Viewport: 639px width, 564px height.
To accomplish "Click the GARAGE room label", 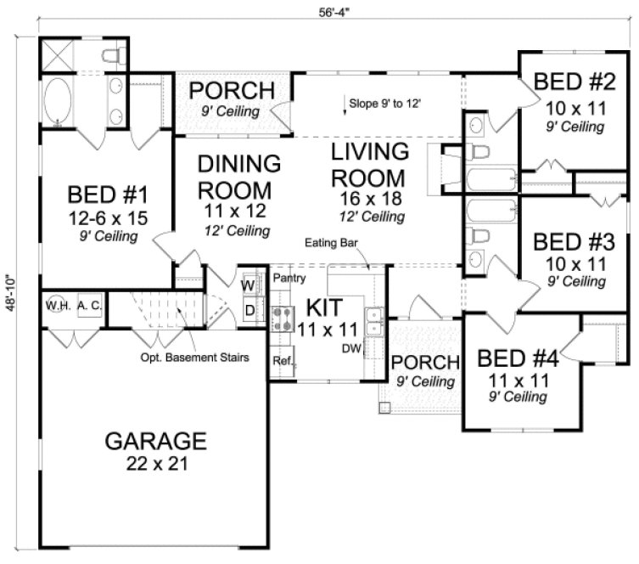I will (x=155, y=442).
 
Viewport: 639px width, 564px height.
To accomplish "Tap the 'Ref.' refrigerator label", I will (x=282, y=361).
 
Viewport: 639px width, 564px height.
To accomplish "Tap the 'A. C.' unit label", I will (x=88, y=304).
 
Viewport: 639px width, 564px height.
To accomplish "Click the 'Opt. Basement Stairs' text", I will (x=194, y=358).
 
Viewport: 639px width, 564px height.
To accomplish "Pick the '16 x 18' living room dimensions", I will (x=369, y=200).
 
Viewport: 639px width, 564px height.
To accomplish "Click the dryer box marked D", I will (x=249, y=309).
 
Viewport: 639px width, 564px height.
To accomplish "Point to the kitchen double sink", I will (x=373, y=320).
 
